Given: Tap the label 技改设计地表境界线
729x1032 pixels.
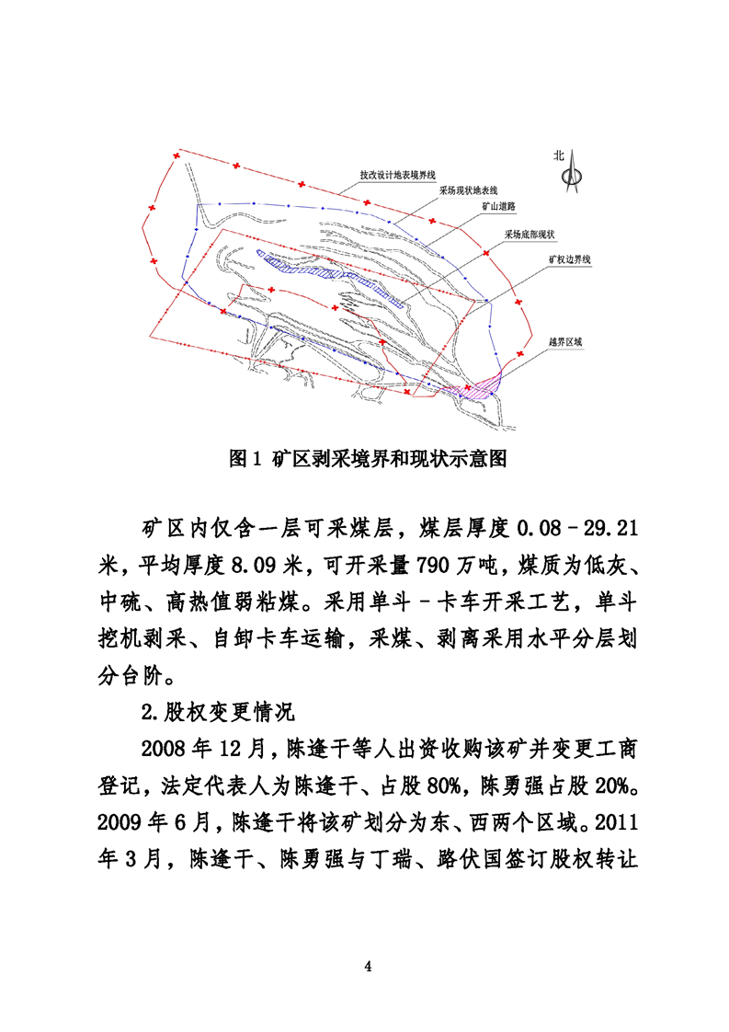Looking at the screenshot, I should pyautogui.click(x=397, y=174).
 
